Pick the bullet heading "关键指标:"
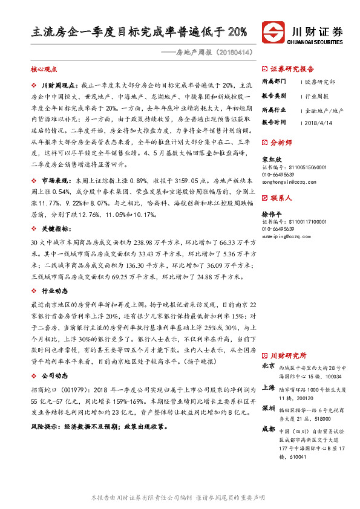[56, 230]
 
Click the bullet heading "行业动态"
[55, 291]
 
